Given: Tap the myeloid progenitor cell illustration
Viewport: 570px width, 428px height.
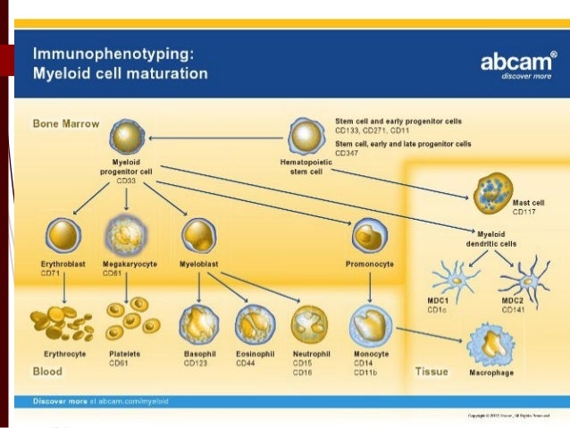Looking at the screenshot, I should (128, 138).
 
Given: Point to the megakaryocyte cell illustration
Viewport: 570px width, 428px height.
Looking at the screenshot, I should (125, 236).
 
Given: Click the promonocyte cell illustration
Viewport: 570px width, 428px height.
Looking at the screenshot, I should (368, 237).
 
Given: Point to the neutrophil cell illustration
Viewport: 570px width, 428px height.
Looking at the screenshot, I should (311, 324).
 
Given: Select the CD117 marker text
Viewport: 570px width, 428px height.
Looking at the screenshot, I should (524, 213).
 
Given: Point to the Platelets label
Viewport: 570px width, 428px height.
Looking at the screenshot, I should (126, 355).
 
